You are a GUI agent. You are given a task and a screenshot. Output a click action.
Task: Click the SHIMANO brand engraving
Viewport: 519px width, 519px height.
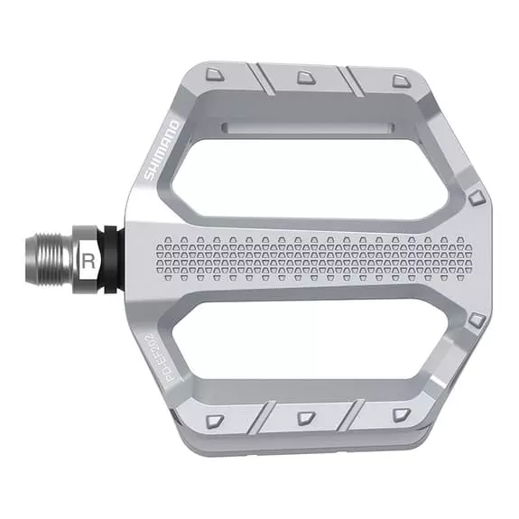162,151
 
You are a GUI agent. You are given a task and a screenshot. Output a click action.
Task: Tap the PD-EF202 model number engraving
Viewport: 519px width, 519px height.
178,358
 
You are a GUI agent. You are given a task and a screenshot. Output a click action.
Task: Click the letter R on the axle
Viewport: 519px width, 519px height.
88,261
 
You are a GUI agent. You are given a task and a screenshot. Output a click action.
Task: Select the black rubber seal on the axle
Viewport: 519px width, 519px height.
111,260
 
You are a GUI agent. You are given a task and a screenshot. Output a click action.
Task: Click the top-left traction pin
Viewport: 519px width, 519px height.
215,75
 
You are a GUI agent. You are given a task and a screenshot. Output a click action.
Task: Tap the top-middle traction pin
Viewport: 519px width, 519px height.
306,78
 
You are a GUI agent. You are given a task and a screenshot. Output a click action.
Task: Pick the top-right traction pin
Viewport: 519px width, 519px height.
402,81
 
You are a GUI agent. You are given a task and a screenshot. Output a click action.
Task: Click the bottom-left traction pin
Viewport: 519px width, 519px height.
215,422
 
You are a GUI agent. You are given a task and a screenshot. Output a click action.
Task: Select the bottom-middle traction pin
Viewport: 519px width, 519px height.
306,419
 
